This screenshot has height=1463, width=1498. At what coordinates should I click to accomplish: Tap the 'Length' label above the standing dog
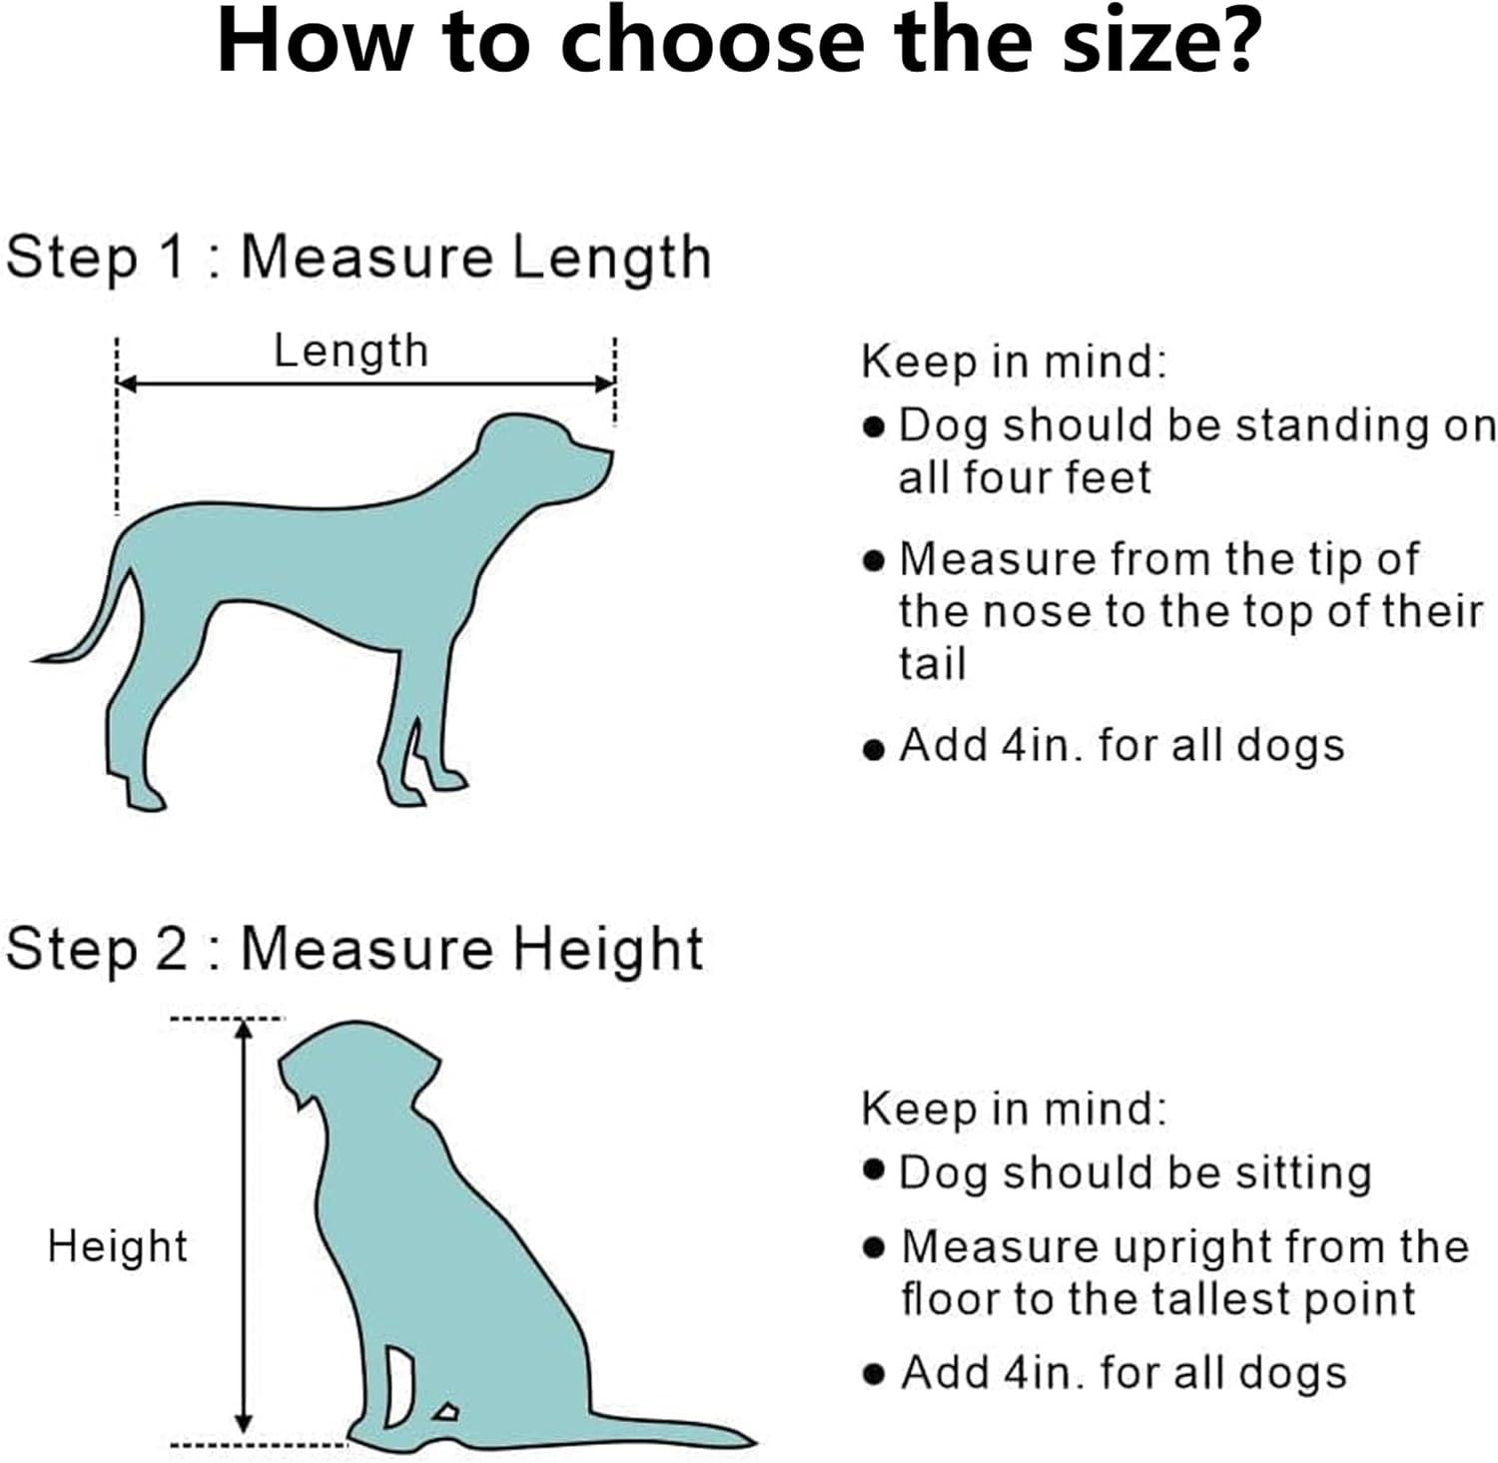coord(351,352)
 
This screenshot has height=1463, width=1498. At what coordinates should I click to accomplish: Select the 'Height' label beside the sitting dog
coord(117,1247)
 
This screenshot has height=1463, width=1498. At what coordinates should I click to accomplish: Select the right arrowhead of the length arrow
coord(603,383)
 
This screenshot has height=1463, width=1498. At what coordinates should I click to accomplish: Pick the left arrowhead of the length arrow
coord(128,383)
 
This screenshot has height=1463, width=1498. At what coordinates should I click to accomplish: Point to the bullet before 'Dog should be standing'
coord(874,427)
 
